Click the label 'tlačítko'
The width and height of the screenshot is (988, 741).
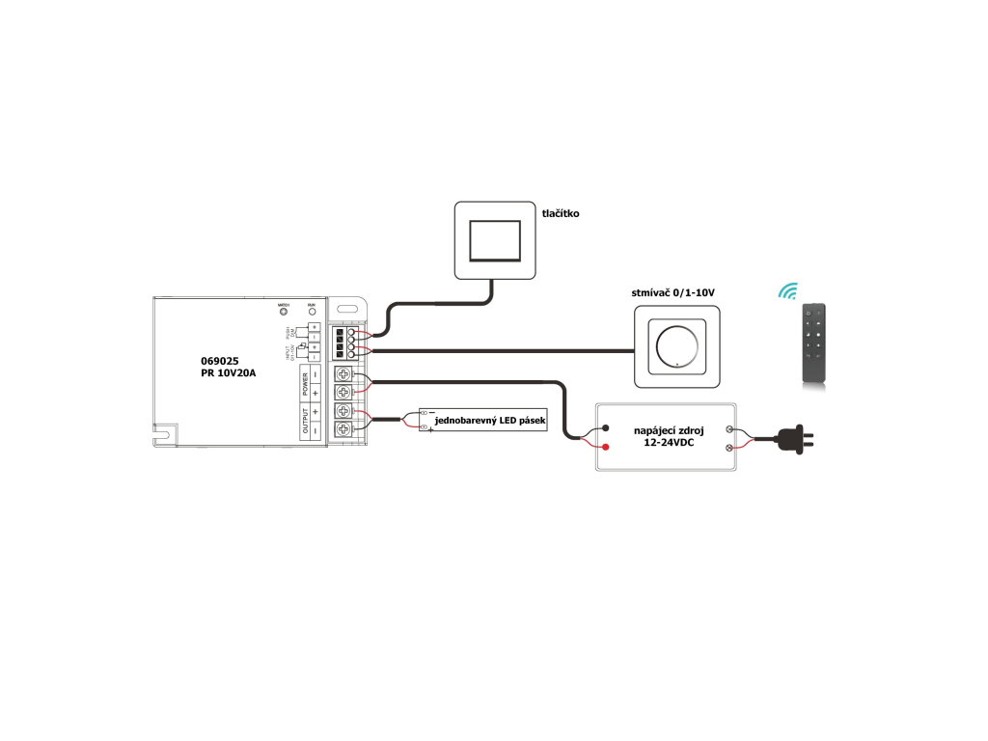[560, 213]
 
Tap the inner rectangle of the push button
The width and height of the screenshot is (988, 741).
[493, 240]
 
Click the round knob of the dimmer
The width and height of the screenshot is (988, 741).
[676, 345]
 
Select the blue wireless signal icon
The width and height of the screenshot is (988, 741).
[789, 290]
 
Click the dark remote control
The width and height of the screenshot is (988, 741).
[814, 345]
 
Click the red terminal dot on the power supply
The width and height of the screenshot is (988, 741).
[605, 447]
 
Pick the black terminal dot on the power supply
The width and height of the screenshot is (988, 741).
[605, 428]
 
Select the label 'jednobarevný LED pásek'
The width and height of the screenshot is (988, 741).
[490, 423]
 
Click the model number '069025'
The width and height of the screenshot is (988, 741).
[220, 360]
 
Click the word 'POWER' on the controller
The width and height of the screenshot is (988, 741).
[306, 384]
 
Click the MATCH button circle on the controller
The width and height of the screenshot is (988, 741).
[284, 313]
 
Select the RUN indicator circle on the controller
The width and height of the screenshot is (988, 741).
[312, 313]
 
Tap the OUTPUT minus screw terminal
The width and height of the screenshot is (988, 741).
[343, 428]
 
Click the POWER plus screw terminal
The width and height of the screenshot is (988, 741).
[343, 392]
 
